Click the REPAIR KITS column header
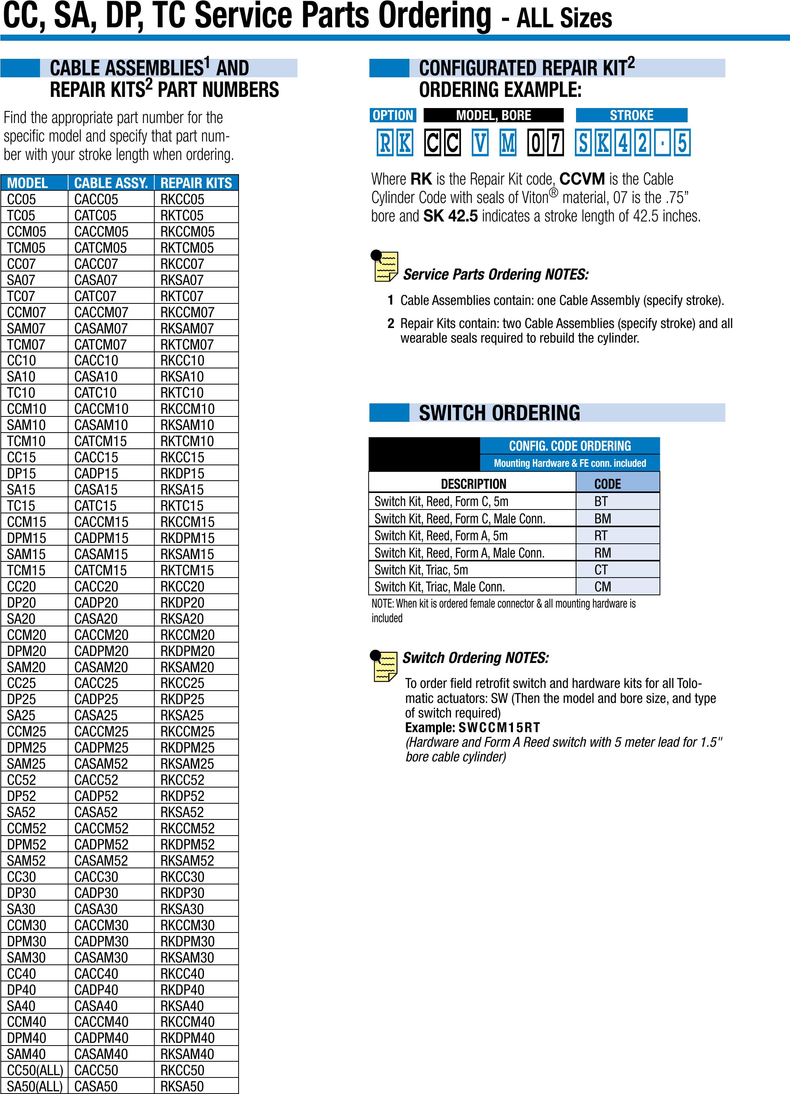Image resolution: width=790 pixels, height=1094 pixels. click(x=196, y=183)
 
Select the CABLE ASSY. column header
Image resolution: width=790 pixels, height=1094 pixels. click(x=110, y=183)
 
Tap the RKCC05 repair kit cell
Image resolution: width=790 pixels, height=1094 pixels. click(x=182, y=199)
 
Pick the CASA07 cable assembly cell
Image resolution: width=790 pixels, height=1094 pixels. click(x=95, y=280)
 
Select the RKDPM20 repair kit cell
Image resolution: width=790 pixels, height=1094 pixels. click(x=187, y=651)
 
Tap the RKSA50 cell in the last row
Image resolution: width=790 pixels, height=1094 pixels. click(x=182, y=1086)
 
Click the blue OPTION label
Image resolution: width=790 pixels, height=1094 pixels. click(x=393, y=115)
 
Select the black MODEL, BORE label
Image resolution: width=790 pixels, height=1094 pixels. click(x=493, y=115)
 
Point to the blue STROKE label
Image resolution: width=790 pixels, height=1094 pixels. click(x=631, y=115)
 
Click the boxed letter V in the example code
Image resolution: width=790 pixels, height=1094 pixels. click(x=480, y=143)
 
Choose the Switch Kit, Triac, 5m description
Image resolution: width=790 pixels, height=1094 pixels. click(x=421, y=569)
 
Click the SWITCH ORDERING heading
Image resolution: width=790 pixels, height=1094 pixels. click(x=499, y=413)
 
